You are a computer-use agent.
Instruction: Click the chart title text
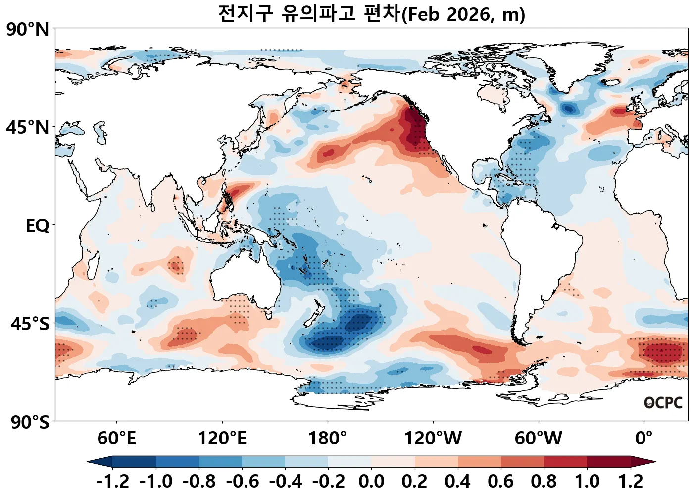(371, 14)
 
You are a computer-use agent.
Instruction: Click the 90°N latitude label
(28, 29)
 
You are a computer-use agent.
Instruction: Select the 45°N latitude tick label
(28, 127)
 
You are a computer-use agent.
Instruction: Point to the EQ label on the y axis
(38, 226)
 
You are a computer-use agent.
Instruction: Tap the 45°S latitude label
(30, 324)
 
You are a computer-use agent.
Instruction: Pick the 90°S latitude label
(30, 422)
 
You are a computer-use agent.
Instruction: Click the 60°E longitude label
(116, 439)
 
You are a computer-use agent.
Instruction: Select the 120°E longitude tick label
(222, 439)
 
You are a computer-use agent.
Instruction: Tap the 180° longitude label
(328, 439)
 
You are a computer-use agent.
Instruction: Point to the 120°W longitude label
(433, 439)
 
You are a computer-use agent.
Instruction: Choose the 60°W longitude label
(539, 439)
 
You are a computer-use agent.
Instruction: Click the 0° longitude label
(644, 439)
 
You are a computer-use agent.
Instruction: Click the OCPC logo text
(663, 403)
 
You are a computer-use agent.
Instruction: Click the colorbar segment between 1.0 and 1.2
(609, 462)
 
